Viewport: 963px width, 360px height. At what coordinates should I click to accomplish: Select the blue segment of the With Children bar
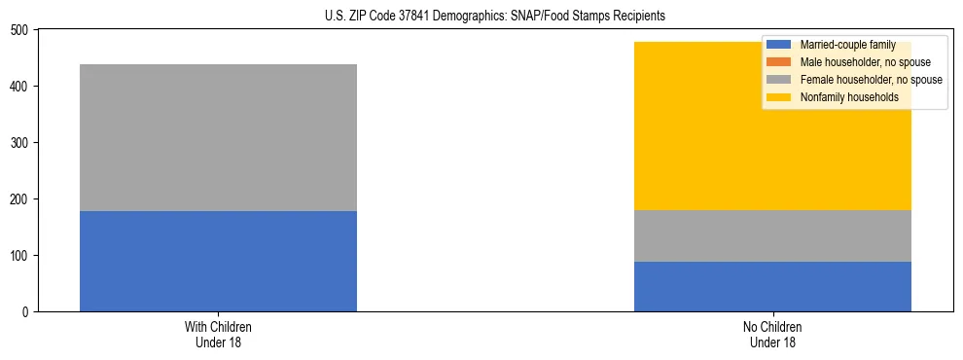(x=218, y=261)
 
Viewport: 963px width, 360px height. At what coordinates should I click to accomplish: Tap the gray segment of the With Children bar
(x=218, y=137)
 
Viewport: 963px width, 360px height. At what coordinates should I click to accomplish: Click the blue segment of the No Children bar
(x=772, y=286)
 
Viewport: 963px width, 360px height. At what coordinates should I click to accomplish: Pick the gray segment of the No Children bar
(x=772, y=235)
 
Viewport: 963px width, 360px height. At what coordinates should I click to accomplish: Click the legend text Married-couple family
(x=848, y=45)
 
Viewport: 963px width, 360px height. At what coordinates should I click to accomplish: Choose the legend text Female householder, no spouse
(x=871, y=80)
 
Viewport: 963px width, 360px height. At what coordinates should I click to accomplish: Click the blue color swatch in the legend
(x=779, y=45)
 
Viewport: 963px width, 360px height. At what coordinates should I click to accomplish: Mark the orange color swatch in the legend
(x=779, y=62)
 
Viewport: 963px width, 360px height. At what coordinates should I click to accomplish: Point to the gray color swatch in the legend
(x=779, y=80)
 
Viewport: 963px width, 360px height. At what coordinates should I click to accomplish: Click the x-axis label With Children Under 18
(x=218, y=334)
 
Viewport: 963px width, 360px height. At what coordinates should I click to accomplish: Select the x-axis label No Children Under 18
(x=772, y=334)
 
